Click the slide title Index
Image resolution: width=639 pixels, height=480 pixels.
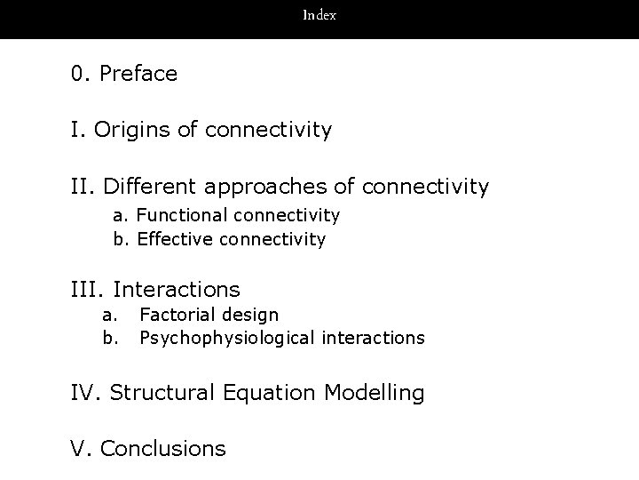319,15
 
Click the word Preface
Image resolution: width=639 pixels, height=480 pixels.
138,74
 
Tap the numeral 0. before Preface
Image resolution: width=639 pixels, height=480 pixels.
82,74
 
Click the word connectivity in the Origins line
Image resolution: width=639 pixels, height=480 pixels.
268,131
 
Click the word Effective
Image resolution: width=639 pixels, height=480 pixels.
175,239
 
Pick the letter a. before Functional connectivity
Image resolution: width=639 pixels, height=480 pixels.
119,215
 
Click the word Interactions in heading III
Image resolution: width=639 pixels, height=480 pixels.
177,290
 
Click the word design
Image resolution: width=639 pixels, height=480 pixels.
249,316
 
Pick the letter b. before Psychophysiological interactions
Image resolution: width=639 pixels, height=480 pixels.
110,338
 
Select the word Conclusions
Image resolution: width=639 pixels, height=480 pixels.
163,449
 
